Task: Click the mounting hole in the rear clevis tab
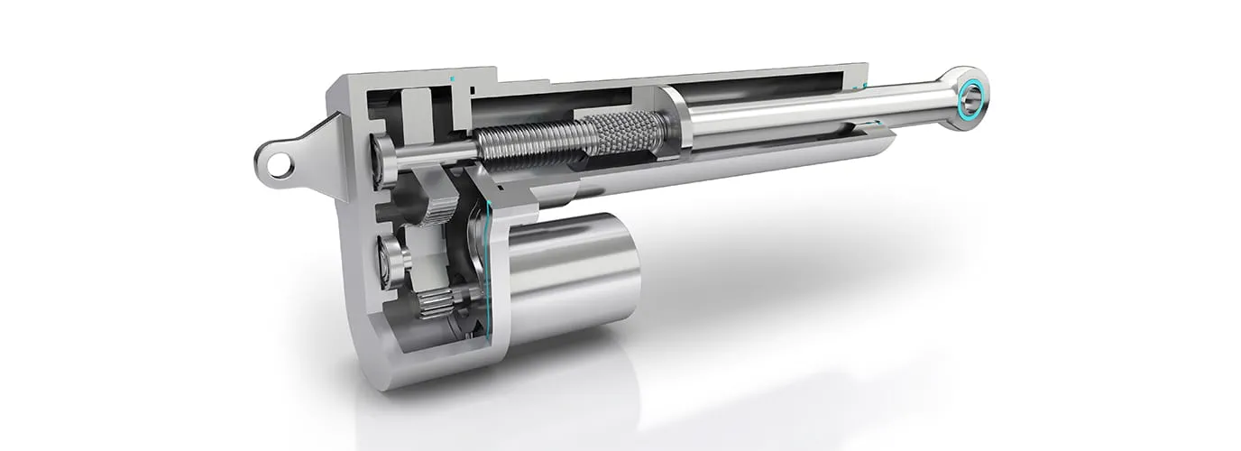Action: (279, 165)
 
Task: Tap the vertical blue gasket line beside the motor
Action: (488, 271)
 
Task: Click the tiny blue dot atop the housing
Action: (453, 79)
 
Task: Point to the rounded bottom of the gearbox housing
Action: (397, 365)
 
